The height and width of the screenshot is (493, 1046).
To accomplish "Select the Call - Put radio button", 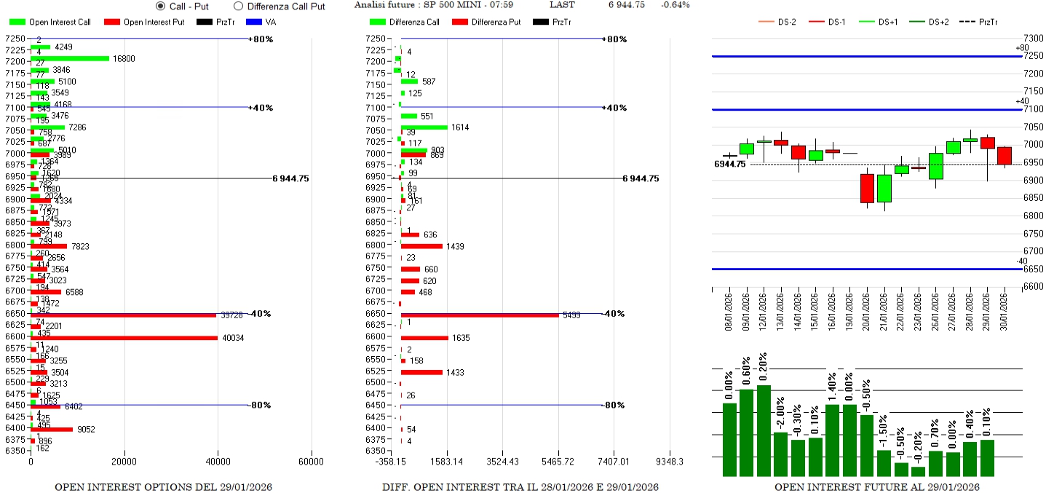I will [x=161, y=6].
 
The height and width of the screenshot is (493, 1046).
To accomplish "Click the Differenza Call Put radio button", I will [x=238, y=6].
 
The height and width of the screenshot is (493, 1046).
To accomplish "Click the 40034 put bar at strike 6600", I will [x=124, y=338].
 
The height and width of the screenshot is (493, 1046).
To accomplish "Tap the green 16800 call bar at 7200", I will [x=70, y=58].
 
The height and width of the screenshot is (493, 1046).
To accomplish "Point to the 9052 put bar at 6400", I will [x=52, y=429].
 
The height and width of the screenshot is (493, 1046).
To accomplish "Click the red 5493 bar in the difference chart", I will [x=480, y=315].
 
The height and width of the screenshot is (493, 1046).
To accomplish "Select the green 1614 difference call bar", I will [x=424, y=127].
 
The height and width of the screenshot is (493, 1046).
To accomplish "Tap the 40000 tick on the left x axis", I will [x=218, y=461].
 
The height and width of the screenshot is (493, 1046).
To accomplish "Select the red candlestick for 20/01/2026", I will [x=866, y=188].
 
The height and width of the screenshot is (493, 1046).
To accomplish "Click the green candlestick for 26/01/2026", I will [x=936, y=166].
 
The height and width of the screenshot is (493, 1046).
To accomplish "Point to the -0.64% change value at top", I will [x=675, y=5].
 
